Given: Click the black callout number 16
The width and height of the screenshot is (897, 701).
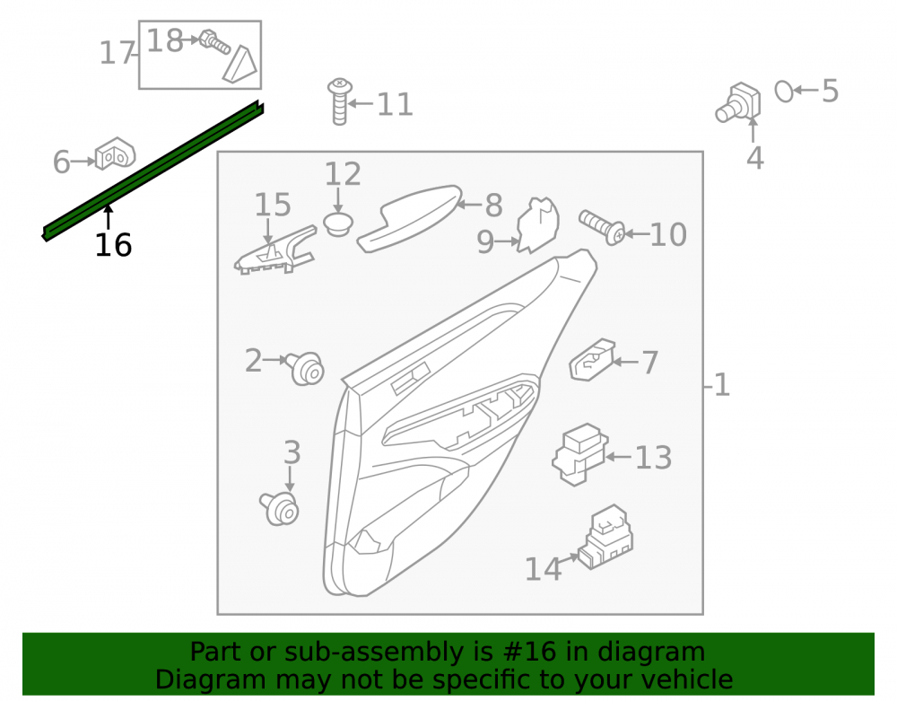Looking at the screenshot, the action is point(113,246).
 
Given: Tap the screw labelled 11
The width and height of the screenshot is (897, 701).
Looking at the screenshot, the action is point(339,101).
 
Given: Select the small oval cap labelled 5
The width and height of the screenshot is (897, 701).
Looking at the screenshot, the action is point(784,91).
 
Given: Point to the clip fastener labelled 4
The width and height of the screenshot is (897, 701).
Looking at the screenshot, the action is point(738,102).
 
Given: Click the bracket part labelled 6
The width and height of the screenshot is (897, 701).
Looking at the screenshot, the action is point(115,153).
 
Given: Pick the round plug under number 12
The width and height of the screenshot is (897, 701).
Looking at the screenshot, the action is point(338,223).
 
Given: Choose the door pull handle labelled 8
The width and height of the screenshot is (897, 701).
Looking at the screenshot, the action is point(409,218).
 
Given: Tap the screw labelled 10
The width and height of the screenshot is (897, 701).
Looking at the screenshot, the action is point(602,226).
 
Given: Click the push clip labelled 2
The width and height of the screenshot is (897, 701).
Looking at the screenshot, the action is point(306,368).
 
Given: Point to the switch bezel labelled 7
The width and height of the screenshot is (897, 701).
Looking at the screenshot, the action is point(592,360).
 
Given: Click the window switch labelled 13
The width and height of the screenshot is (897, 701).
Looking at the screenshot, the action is point(579,454).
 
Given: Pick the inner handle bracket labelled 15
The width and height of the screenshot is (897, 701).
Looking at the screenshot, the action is point(275,250).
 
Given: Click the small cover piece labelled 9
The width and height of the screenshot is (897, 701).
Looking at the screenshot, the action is point(537,225).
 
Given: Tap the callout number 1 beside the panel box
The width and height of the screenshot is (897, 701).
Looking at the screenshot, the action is point(722,384).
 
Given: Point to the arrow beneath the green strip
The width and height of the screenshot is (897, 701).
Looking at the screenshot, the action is point(108,218).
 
